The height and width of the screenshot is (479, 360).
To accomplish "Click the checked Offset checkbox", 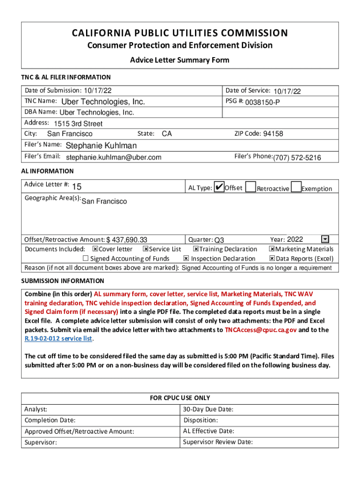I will (x=219, y=187).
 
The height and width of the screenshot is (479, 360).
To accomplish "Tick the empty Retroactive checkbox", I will (x=250, y=187).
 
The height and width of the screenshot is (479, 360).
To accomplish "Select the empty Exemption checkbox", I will (x=295, y=187).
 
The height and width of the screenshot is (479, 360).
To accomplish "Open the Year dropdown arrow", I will (x=325, y=239).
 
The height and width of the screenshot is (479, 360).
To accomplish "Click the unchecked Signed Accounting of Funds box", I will (x=86, y=258).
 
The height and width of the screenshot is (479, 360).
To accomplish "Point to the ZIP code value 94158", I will (x=273, y=134).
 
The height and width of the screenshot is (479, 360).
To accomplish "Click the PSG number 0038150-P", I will (x=263, y=102).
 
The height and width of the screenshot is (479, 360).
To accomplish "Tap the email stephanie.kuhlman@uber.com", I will (x=114, y=157).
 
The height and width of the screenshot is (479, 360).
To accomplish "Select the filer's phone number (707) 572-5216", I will (x=297, y=158).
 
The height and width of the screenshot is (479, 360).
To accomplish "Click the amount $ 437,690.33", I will (x=127, y=240).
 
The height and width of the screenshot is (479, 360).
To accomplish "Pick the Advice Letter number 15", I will (x=77, y=187).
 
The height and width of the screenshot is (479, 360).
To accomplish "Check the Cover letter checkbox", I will (x=95, y=249).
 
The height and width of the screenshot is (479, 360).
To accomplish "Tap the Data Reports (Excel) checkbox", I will (x=272, y=258).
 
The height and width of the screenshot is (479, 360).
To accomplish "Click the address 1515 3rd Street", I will (x=78, y=124).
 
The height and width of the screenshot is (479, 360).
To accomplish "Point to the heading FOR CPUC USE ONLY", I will (x=180, y=398).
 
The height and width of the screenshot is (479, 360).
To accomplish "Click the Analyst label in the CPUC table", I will (x=36, y=409).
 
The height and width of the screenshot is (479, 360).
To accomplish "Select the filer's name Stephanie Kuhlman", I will (x=101, y=145).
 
